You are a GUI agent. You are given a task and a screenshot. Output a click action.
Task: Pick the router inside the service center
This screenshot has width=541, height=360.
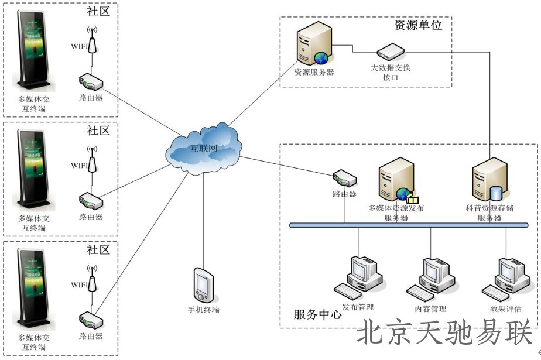(344, 178)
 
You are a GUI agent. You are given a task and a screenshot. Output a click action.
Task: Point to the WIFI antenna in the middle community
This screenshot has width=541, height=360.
(91, 159)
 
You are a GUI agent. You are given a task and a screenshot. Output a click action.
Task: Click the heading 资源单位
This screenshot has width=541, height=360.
(417, 25)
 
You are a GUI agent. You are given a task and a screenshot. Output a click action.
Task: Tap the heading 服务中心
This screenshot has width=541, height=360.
(317, 314)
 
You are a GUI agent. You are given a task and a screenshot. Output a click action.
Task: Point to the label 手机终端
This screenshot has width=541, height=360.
(203, 310)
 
